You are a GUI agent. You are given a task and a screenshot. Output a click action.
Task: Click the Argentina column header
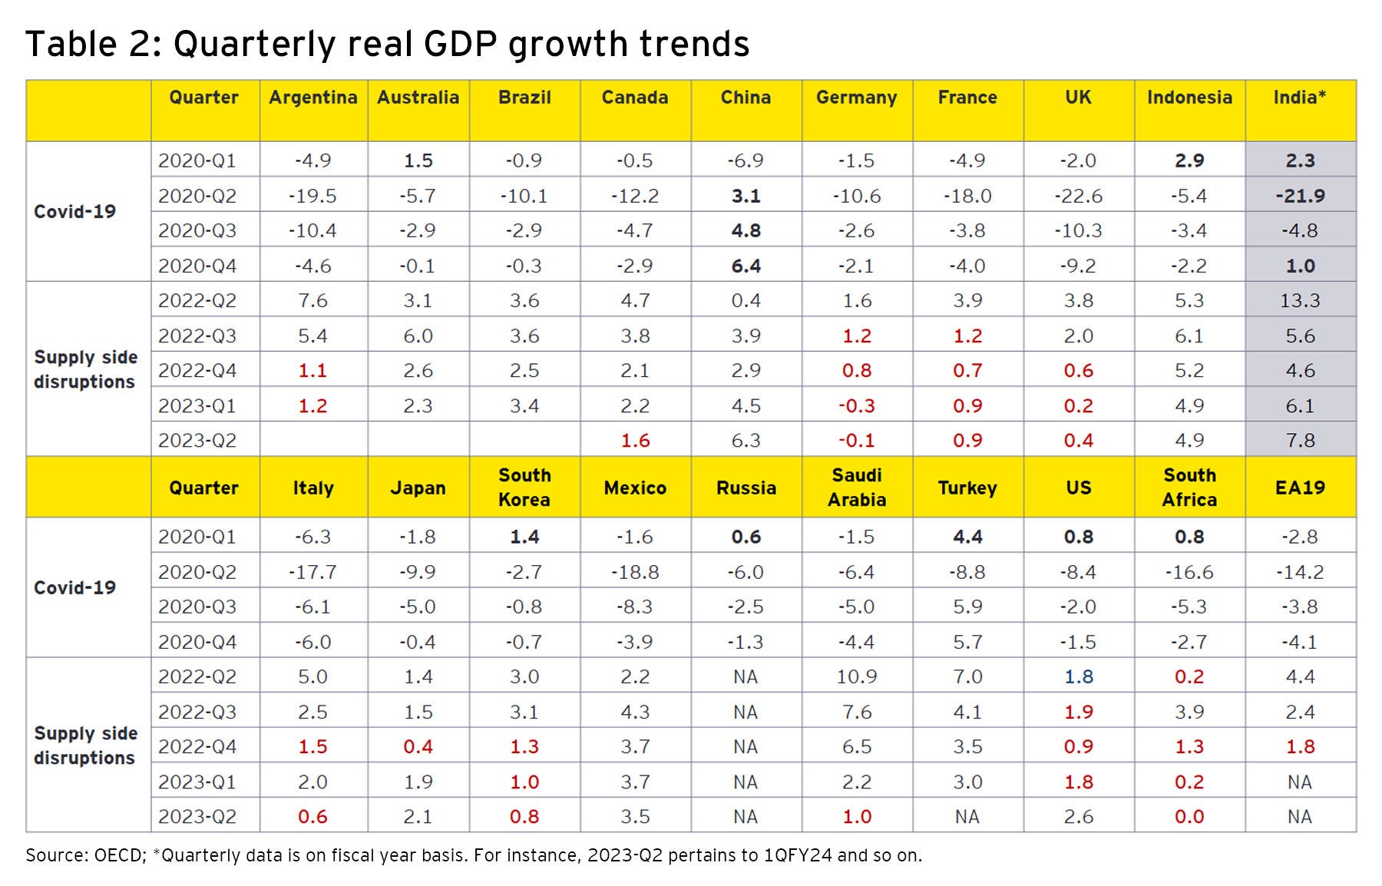[313, 98]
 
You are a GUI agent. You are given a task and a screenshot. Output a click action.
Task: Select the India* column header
[1299, 98]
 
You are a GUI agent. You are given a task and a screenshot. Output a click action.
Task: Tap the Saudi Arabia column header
[857, 488]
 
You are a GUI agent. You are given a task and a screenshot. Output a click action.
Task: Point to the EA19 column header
[1300, 488]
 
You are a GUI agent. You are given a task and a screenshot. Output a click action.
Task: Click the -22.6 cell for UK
[1078, 196]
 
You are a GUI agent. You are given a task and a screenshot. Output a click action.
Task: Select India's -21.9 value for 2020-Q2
[1300, 196]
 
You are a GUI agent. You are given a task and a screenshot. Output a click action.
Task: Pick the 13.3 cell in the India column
[1300, 300]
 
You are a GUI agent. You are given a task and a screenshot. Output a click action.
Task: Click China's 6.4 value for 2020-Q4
[746, 266]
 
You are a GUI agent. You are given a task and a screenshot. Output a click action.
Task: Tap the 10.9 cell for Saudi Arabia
[857, 676]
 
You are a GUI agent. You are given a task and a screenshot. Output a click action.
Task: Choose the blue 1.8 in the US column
[1078, 676]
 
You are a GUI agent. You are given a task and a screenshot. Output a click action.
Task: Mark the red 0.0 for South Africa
[1189, 816]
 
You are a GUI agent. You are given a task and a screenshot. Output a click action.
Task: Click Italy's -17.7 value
[313, 572]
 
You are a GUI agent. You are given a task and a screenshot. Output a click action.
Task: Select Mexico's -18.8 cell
[635, 572]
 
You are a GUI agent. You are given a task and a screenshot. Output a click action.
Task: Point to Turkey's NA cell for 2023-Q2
[967, 816]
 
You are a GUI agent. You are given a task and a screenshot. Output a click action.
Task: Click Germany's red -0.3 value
[857, 405]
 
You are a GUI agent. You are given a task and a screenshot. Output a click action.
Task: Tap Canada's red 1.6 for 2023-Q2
[635, 440]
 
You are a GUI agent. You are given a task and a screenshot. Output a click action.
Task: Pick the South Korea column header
[524, 488]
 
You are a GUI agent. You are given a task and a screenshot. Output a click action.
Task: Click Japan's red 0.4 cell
[418, 746]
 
